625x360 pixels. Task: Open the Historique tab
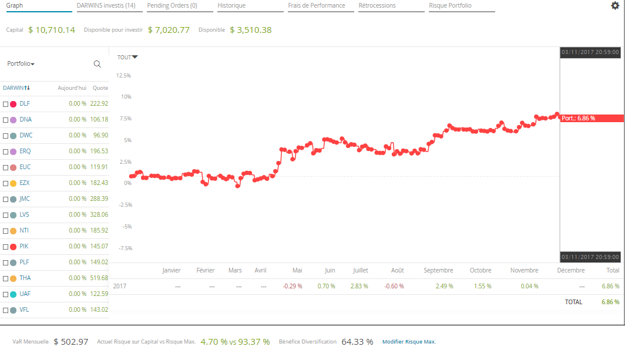pyautogui.click(x=231, y=5)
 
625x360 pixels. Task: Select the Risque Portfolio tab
pyautogui.click(x=450, y=5)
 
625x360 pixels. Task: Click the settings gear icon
pyautogui.click(x=615, y=5)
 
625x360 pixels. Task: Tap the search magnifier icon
pyautogui.click(x=98, y=64)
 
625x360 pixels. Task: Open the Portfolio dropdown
pyautogui.click(x=21, y=64)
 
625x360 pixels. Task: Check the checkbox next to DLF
pyautogui.click(x=6, y=104)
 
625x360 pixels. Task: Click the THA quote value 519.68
pyautogui.click(x=99, y=278)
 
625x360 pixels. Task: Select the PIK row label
pyautogui.click(x=24, y=247)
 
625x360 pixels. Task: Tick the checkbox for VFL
pyautogui.click(x=6, y=310)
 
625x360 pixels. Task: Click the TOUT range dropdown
pyautogui.click(x=127, y=57)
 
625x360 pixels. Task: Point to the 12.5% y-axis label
pyautogui.click(x=123, y=76)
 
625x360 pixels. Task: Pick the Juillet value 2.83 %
pyautogui.click(x=359, y=287)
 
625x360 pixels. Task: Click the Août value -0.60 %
pyautogui.click(x=394, y=287)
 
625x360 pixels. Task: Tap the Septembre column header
pyautogui.click(x=438, y=271)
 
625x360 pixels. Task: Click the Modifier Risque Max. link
pyautogui.click(x=409, y=342)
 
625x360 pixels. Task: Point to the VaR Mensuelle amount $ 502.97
pyautogui.click(x=70, y=342)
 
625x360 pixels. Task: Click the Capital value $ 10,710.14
pyautogui.click(x=52, y=30)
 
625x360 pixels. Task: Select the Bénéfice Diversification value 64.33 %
pyautogui.click(x=357, y=342)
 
